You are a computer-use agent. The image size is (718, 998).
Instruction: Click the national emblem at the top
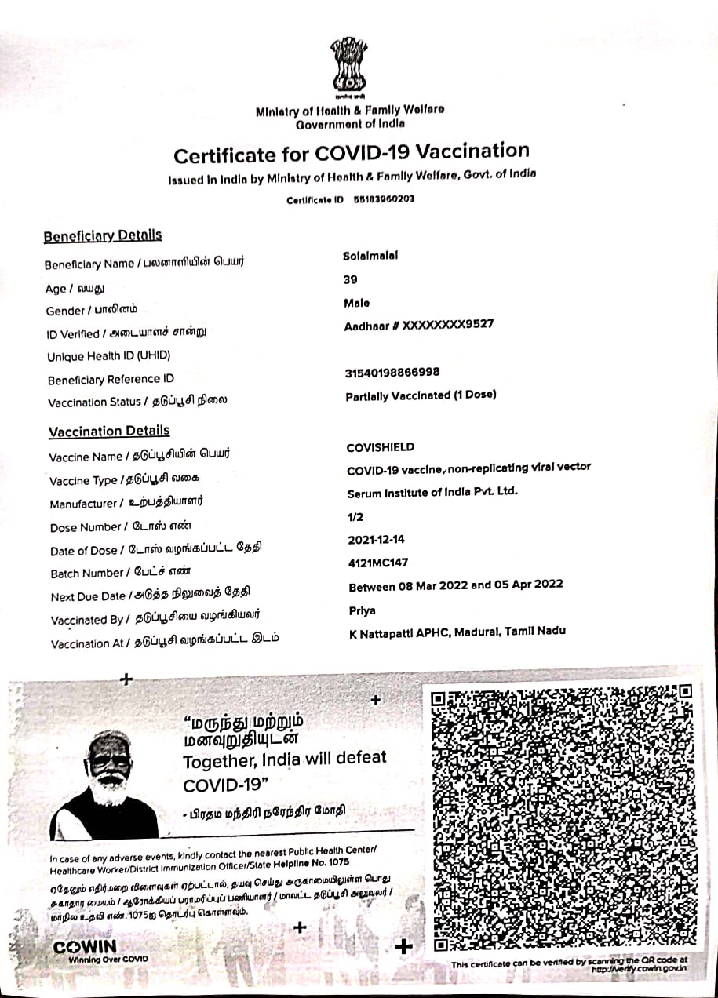tap(348, 67)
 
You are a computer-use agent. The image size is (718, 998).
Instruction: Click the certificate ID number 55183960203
tap(385, 199)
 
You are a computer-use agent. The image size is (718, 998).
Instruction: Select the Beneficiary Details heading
tap(103, 235)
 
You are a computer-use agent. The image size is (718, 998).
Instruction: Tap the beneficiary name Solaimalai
tap(370, 256)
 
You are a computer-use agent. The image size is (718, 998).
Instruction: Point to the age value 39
tap(350, 279)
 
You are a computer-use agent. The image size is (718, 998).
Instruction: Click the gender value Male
tap(356, 303)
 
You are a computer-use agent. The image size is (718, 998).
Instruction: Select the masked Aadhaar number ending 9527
tap(419, 325)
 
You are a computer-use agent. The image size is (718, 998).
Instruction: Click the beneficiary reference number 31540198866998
tap(392, 373)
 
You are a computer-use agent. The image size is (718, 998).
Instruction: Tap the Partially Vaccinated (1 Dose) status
tap(421, 395)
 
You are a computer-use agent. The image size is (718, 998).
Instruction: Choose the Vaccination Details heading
tap(109, 431)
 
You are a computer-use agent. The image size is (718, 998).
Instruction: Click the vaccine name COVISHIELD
tap(381, 447)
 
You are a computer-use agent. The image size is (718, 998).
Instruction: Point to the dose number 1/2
tap(355, 517)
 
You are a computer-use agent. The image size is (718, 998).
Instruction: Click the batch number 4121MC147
tap(378, 563)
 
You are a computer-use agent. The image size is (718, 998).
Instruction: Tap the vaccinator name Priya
tap(362, 610)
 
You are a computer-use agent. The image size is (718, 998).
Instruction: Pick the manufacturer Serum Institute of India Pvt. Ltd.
tap(432, 493)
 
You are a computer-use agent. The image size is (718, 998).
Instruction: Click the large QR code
tap(563, 816)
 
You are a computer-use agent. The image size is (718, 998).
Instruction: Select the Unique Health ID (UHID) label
tap(108, 356)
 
